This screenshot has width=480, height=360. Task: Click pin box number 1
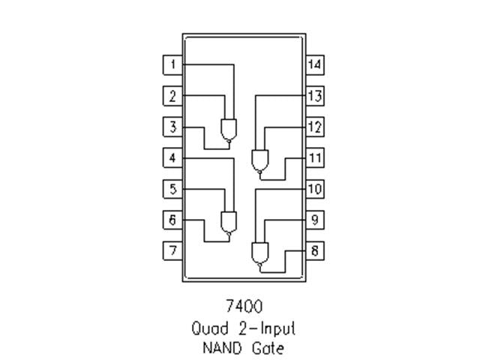pos(172,64)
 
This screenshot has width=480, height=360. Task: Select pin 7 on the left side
pos(172,250)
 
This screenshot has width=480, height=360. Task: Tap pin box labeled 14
pos(315,64)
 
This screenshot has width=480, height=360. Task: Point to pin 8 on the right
pos(315,250)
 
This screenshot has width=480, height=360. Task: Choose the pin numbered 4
pos(172,158)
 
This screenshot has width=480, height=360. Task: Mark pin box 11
pos(315,158)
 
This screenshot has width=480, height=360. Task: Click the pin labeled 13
pos(315,96)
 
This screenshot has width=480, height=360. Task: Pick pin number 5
pos(172,189)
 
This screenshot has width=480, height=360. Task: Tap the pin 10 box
pos(315,189)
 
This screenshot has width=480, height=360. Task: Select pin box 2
pos(172,96)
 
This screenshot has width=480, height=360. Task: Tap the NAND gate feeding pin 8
pos(259,253)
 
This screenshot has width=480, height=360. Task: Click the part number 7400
pos(244,307)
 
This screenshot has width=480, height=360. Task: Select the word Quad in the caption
pos(207,328)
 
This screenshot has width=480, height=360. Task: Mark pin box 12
pos(315,127)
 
